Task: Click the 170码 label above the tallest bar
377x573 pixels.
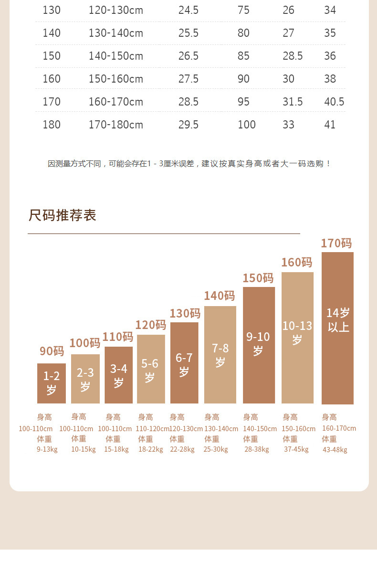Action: [336, 243]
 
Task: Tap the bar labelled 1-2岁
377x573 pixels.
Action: [52, 383]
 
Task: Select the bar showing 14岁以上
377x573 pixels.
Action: [337, 328]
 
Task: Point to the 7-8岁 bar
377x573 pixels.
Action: [220, 355]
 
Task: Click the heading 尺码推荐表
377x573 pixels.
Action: [63, 215]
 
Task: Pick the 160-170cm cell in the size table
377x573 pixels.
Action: [116, 102]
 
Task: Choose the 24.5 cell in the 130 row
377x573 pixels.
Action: [188, 10]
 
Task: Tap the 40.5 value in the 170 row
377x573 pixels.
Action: [334, 102]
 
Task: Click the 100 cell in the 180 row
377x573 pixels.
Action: [247, 125]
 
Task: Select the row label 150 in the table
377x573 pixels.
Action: [52, 56]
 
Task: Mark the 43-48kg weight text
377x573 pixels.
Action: [335, 450]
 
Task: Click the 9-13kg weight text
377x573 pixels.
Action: [47, 449]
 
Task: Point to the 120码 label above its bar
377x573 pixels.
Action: [151, 325]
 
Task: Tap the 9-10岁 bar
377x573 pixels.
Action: [259, 345]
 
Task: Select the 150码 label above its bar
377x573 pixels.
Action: [258, 278]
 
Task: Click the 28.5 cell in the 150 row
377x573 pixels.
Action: [293, 56]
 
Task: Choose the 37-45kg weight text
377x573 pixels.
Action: [296, 449]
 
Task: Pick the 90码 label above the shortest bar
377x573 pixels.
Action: [52, 351]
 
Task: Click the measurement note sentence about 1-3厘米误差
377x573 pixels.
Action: [189, 164]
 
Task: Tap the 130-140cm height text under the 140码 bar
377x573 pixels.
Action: [221, 429]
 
